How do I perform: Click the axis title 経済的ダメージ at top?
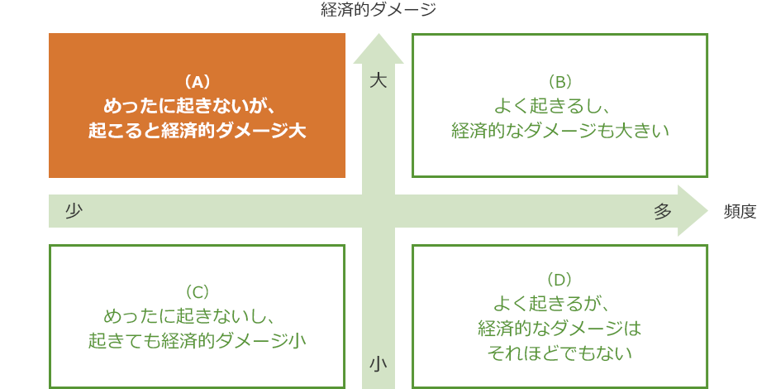(378, 9)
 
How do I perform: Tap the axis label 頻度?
(740, 211)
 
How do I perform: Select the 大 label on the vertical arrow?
(378, 81)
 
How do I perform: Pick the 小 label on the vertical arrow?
(378, 364)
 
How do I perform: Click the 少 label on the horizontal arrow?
(74, 211)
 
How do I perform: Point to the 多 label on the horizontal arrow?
(663, 211)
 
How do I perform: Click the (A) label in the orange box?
(197, 83)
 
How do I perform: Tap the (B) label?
(560, 83)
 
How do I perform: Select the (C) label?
(197, 292)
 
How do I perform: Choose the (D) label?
(560, 279)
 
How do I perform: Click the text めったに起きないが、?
(193, 106)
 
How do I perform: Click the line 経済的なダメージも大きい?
(560, 131)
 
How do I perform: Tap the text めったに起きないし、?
(190, 316)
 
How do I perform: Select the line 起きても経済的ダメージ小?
(197, 341)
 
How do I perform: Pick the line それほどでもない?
(560, 353)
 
